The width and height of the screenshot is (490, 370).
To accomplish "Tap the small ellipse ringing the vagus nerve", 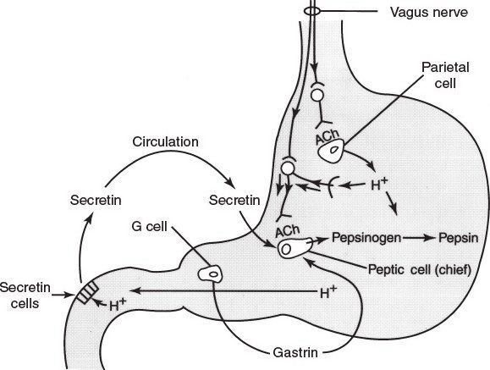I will [314, 11].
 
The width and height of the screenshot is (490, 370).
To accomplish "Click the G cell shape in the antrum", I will [211, 274].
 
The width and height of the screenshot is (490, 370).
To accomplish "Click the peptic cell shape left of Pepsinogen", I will [289, 248].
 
